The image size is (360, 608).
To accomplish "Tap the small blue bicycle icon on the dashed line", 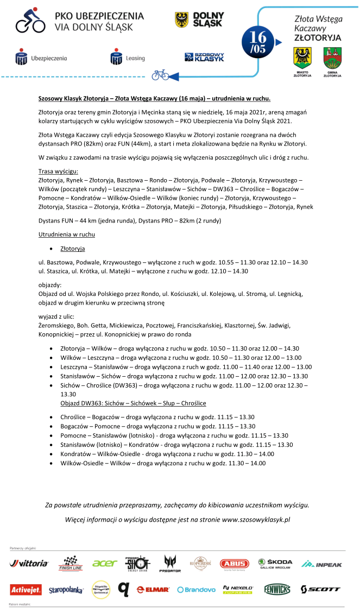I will coord(160,74).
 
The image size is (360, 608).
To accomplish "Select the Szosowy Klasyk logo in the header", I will coord(204,57).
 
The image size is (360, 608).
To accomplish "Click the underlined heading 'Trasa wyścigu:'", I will coord(55,171).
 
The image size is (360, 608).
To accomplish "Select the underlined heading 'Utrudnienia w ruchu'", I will coord(66,235).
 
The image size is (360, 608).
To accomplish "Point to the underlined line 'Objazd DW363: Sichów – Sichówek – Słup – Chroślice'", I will coord(133,403).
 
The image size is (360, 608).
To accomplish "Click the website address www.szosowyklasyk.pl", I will coord(256,520).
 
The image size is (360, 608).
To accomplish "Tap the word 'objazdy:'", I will coord(50,284).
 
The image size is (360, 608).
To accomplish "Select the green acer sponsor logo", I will coord(104,563).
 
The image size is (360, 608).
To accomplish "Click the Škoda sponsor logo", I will coord(275,563).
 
